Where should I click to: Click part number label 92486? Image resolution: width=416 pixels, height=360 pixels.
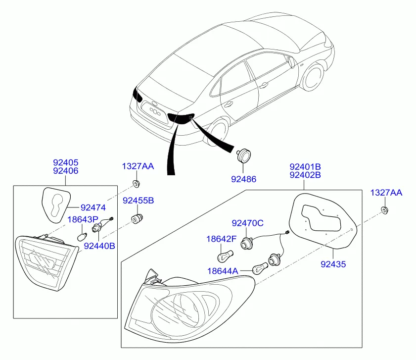[243, 179]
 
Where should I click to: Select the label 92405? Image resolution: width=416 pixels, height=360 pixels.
[66, 162]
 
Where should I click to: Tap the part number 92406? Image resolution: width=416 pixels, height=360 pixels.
[66, 171]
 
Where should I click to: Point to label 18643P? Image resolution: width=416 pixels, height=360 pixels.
[83, 219]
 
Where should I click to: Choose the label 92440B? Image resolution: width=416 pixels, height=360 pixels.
[99, 245]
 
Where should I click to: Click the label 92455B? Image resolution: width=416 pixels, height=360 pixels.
[138, 201]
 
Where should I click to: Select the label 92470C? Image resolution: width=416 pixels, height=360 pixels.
[248, 223]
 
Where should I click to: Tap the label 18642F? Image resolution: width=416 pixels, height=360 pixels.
[221, 240]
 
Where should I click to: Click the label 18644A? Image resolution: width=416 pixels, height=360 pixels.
[222, 271]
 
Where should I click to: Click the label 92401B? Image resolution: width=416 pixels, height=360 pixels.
[305, 166]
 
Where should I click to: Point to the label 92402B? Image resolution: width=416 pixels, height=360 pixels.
[305, 175]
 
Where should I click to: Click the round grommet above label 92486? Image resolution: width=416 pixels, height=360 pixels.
[243, 155]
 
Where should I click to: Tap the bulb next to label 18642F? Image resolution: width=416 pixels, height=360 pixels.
[225, 257]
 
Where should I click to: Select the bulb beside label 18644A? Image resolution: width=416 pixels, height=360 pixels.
[259, 269]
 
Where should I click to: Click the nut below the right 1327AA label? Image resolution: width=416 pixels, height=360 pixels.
[384, 211]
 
